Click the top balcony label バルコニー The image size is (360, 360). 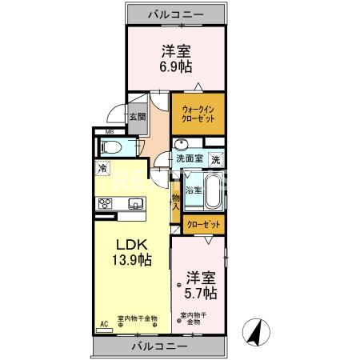click(x=175, y=14)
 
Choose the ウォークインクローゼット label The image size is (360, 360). click(x=198, y=113)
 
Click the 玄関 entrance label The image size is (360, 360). click(x=138, y=116)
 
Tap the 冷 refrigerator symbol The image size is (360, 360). click(x=103, y=169)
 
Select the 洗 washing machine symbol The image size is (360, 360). click(x=215, y=160)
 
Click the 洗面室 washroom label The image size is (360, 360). click(x=190, y=158)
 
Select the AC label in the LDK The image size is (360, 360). click(x=103, y=324)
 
